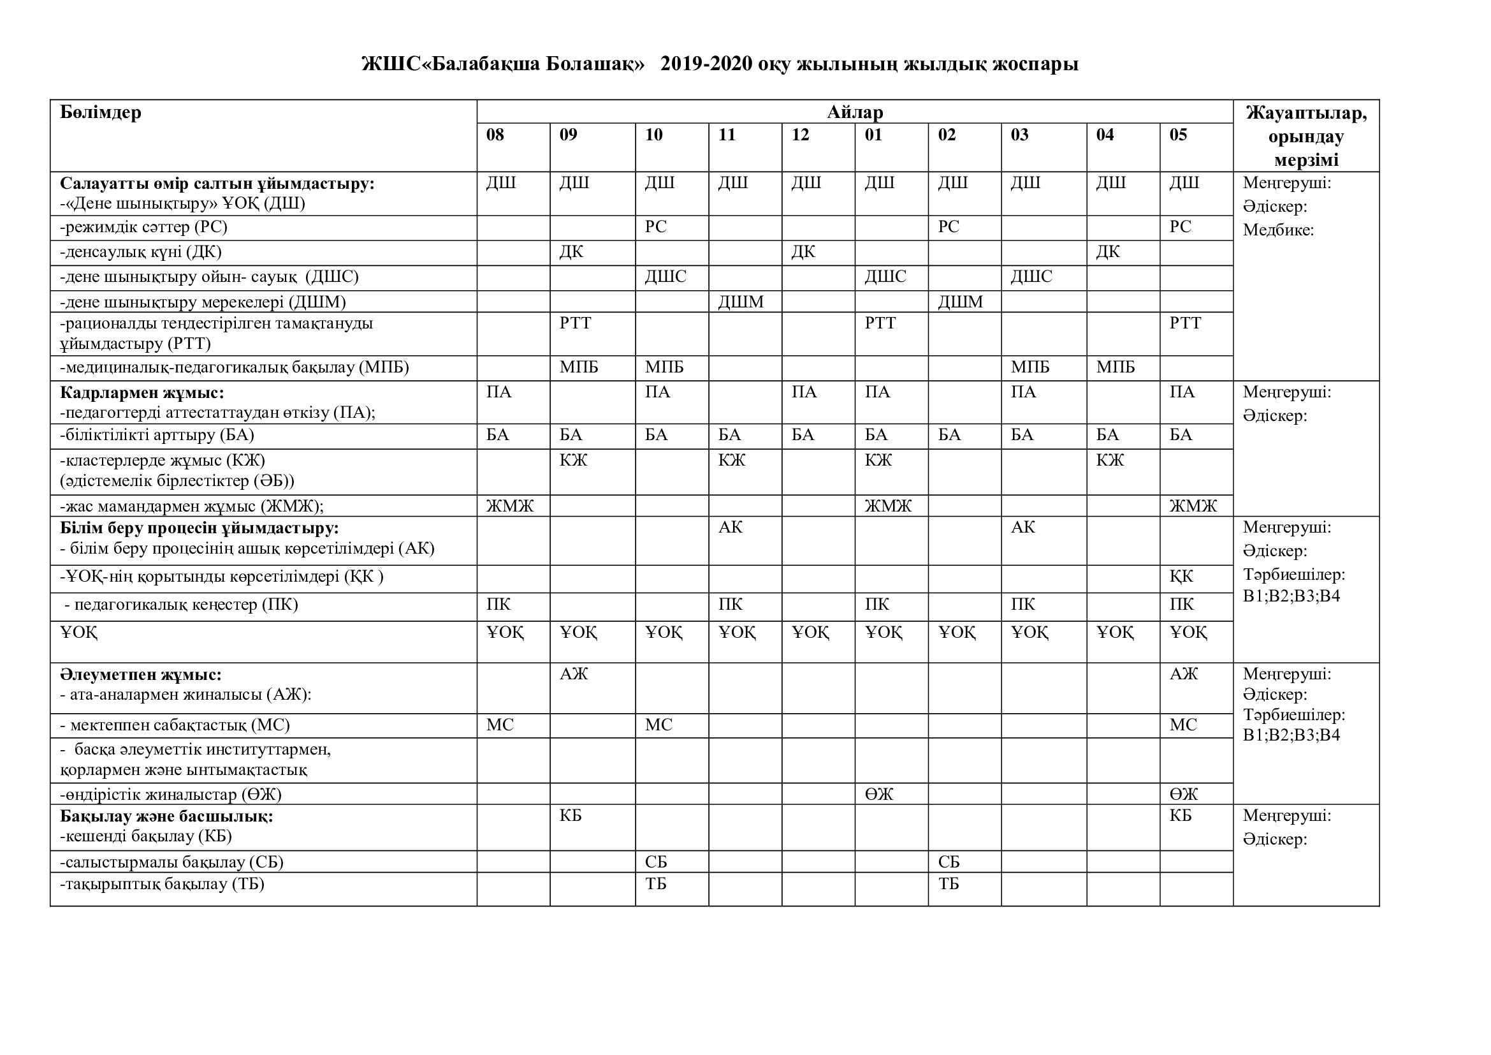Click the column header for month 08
[x=495, y=135]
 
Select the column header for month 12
[x=800, y=135]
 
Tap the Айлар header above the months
[x=855, y=112]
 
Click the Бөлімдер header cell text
[x=101, y=112]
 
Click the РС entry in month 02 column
[x=948, y=226]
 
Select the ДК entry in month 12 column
[x=803, y=251]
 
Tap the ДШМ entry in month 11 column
[x=740, y=302]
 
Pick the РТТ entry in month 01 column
[x=880, y=323]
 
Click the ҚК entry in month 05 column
[x=1181, y=576]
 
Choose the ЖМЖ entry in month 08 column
[x=510, y=505]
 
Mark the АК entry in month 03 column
[x=1022, y=527]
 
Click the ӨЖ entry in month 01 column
[x=879, y=794]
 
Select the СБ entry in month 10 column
[x=656, y=862]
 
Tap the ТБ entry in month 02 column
[x=948, y=883]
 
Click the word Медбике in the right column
[x=1277, y=230]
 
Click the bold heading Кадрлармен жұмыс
[x=142, y=392]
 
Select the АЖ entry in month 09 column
[x=574, y=674]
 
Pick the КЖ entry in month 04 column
[x=1110, y=461]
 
